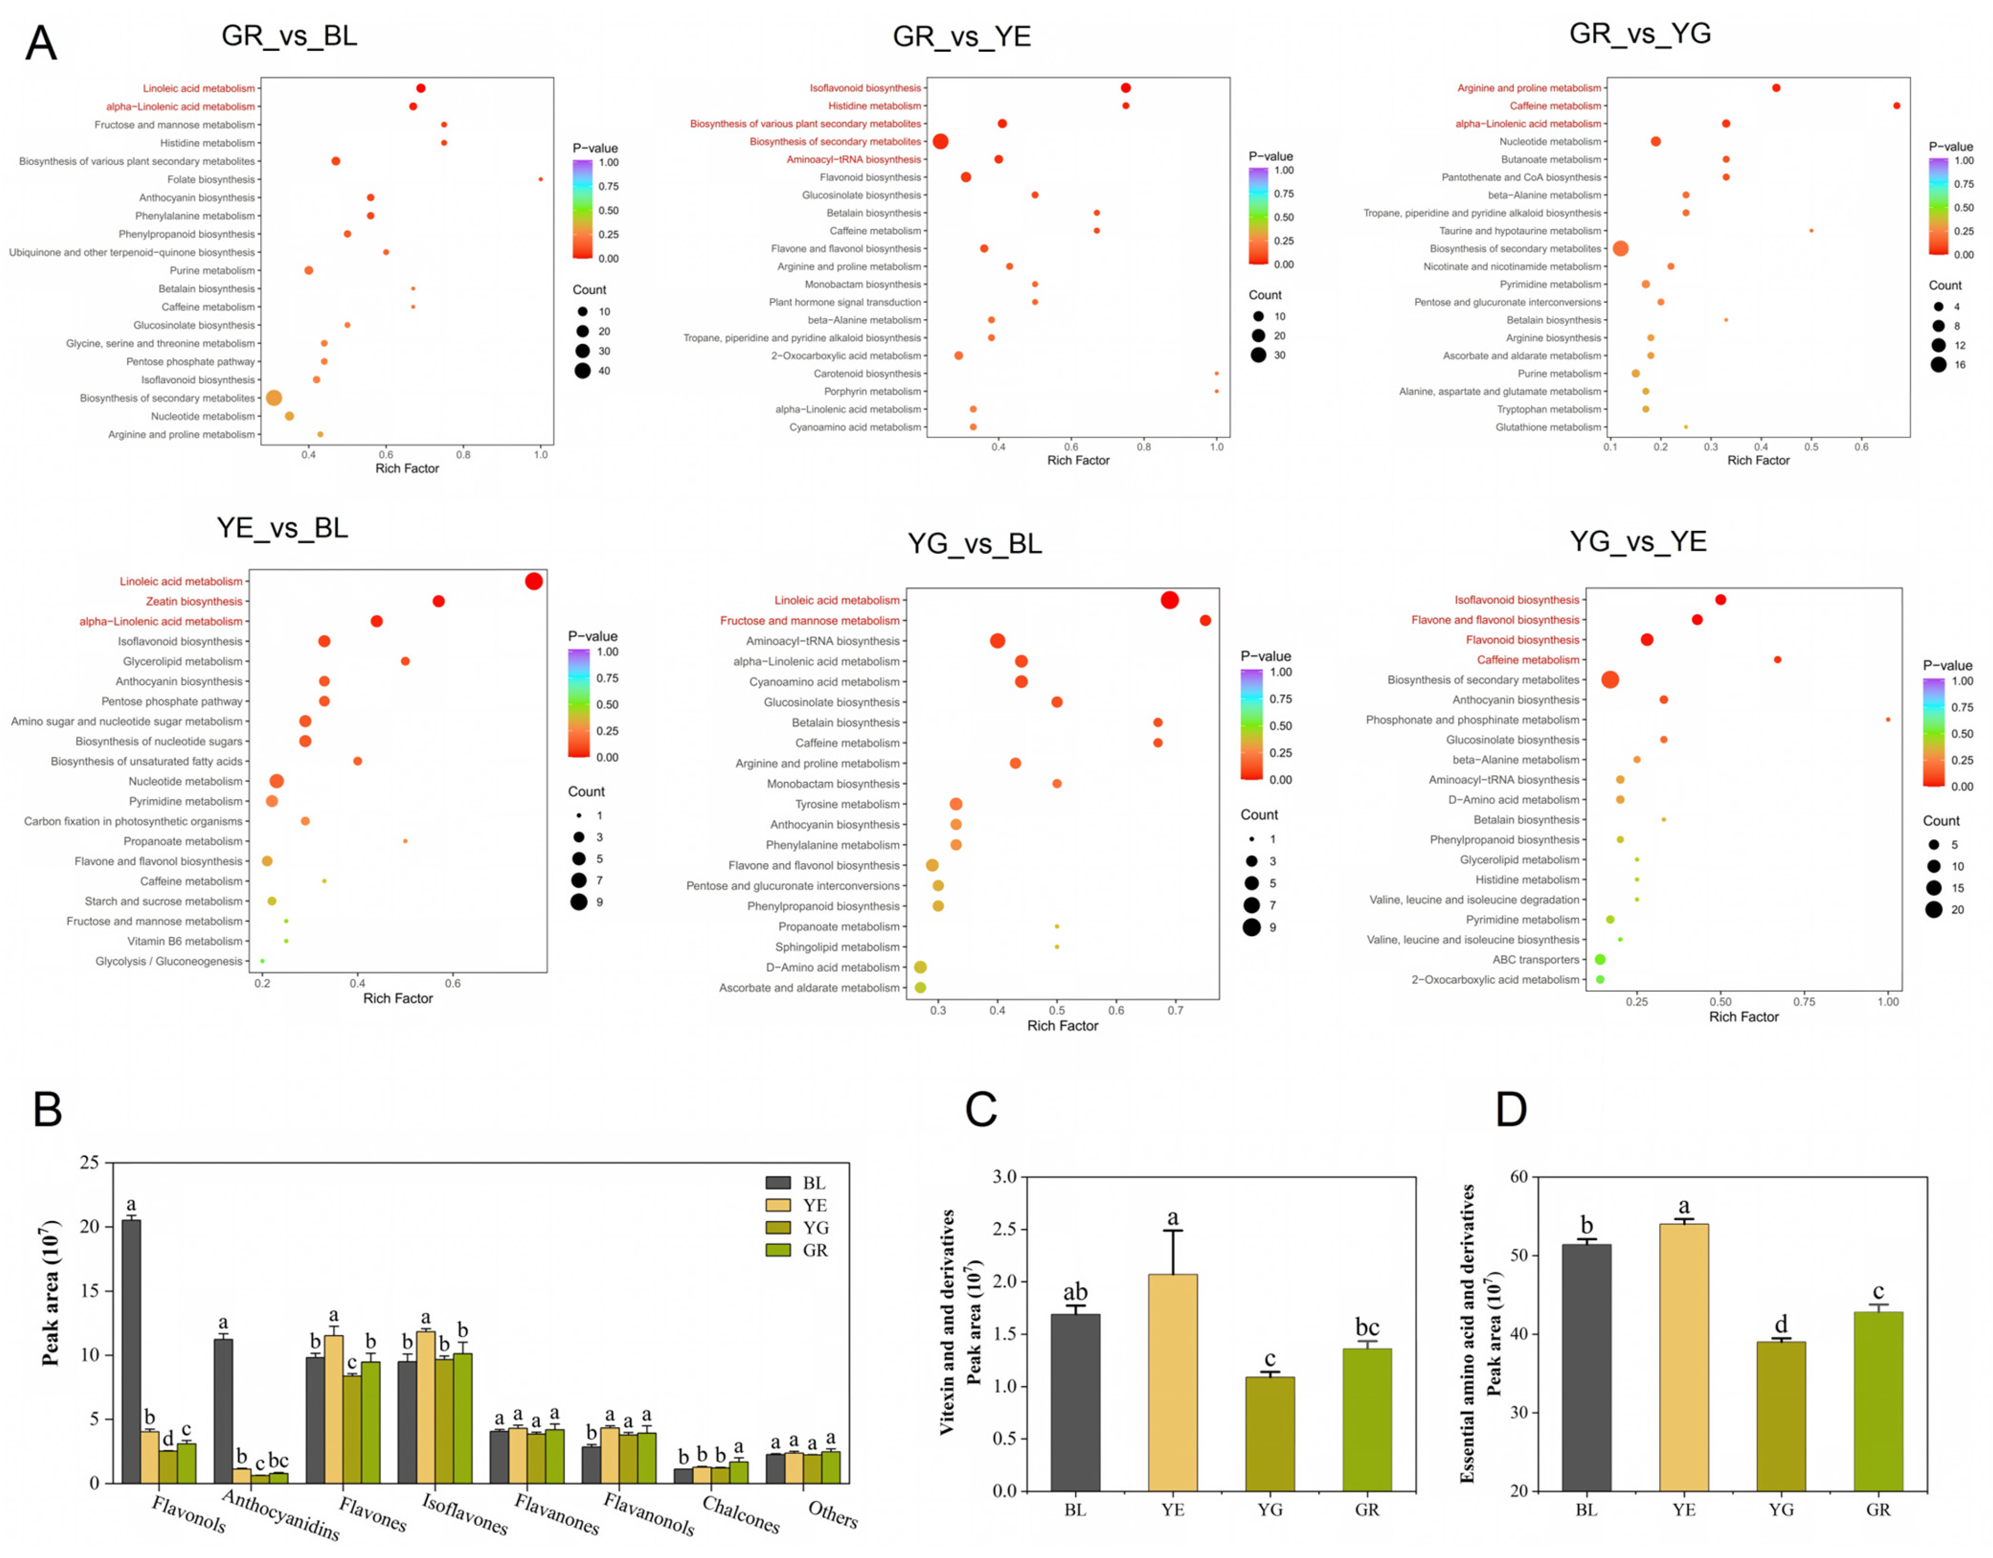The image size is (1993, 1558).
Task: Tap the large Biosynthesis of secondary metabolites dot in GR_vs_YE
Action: click(940, 141)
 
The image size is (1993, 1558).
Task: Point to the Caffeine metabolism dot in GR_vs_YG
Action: click(1896, 106)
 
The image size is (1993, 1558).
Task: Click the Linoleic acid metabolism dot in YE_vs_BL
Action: click(534, 581)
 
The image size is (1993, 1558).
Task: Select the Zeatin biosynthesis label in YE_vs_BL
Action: click(194, 602)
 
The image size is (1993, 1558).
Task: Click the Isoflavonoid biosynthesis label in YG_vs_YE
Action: click(1517, 600)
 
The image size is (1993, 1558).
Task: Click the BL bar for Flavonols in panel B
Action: click(131, 1352)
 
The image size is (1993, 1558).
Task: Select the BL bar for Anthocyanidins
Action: click(223, 1411)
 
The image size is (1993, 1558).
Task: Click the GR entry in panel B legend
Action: click(797, 1251)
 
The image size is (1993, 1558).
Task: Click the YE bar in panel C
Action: click(1173, 1383)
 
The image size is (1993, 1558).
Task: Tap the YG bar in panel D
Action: click(1781, 1417)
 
